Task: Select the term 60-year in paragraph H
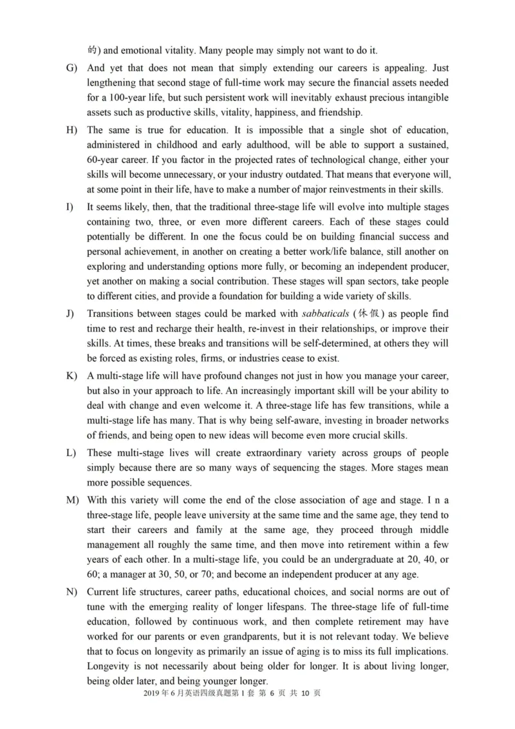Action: click(105, 160)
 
